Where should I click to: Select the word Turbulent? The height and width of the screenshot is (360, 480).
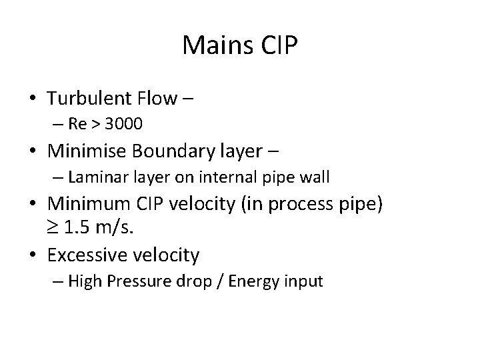tap(89, 99)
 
